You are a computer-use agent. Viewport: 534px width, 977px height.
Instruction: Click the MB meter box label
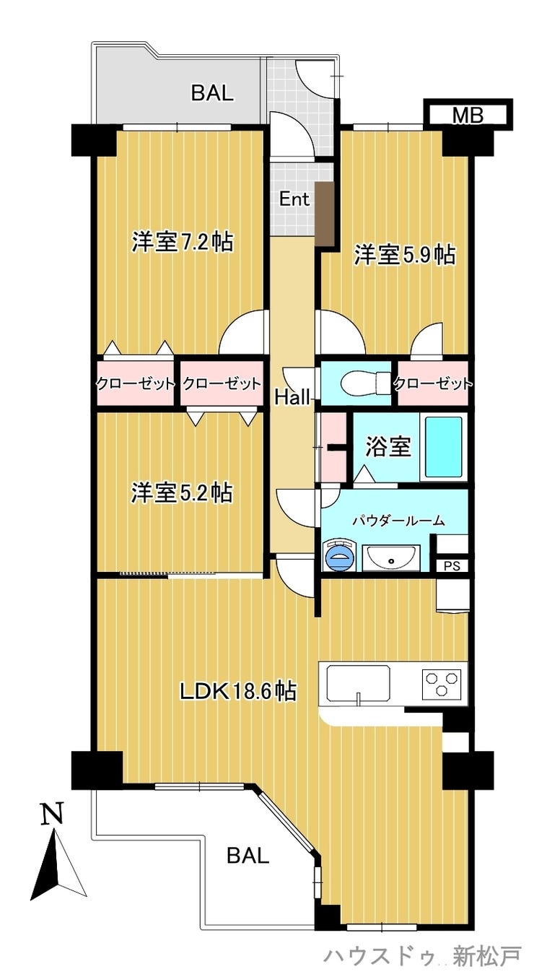point(468,116)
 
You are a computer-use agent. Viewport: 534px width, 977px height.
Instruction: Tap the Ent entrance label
point(294,199)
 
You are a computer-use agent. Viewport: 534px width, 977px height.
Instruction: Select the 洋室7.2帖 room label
point(183,242)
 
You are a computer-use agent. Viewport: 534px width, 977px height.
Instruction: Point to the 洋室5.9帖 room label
point(405,255)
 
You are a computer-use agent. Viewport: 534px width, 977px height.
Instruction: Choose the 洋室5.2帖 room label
point(182,492)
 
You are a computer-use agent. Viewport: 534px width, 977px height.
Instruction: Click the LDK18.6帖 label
point(238,691)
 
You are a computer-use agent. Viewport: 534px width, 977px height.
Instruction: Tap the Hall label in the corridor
point(292,397)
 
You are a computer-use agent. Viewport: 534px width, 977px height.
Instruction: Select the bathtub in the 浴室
point(443,447)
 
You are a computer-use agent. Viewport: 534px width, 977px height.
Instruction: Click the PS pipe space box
point(452,566)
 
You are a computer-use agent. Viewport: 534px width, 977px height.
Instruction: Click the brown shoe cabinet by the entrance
point(324,214)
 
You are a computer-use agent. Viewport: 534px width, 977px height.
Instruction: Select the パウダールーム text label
point(398,521)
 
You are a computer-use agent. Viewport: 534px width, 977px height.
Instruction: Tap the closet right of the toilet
point(433,383)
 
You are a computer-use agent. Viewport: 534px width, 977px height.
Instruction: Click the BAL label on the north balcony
point(213,93)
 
